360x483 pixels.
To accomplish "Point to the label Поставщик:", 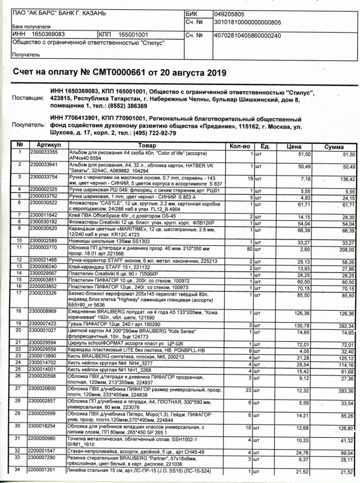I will (x=27, y=99).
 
